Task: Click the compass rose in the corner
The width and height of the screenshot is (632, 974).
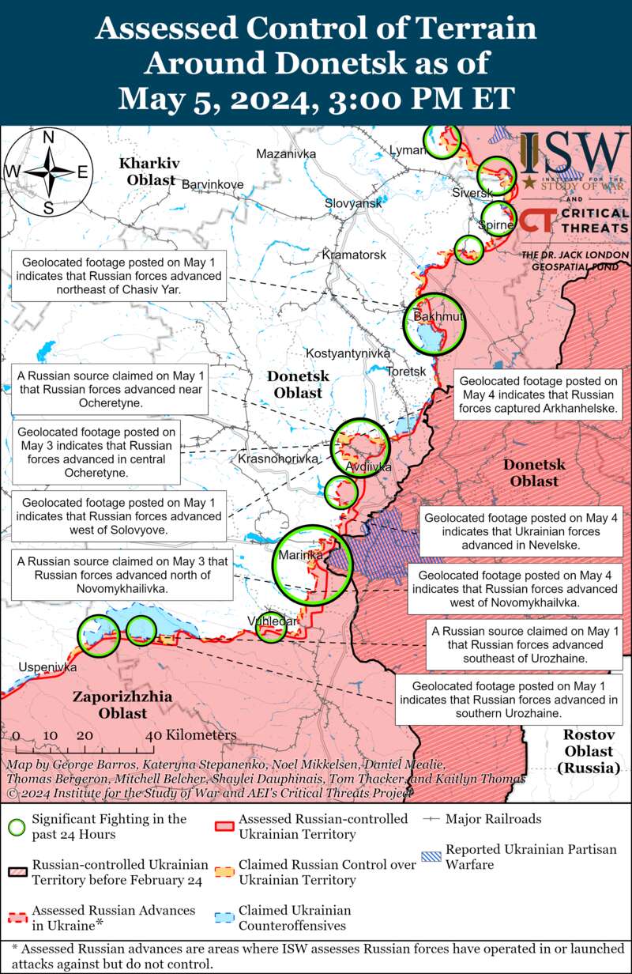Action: point(48,172)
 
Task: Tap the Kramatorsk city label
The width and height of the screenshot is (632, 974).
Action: point(354,255)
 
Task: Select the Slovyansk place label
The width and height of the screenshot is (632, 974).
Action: point(353,204)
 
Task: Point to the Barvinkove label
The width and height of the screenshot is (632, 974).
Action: point(213,185)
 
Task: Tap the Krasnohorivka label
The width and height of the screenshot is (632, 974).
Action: point(277,459)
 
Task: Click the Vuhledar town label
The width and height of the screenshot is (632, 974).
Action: point(273,621)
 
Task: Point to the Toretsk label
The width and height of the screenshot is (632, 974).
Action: point(406,371)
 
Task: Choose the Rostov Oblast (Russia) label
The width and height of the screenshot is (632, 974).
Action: point(589,750)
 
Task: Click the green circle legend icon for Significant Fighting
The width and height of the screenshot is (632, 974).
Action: point(16,827)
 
